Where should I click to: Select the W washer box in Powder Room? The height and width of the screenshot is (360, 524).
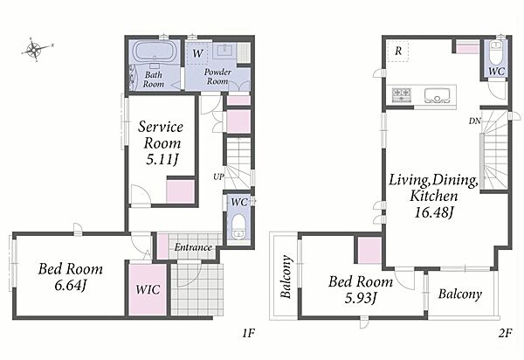tap(196, 52)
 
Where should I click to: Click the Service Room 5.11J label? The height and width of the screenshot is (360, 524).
tap(161, 143)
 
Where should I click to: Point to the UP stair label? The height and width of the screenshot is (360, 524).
tap(218, 177)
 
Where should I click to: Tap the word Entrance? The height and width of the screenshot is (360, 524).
tap(193, 247)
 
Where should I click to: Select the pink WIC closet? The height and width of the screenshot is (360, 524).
tap(148, 289)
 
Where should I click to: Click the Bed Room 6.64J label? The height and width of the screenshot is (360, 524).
tap(71, 277)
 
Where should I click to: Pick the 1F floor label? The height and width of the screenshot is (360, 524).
tap(248, 333)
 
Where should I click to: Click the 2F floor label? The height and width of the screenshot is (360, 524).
tap(505, 333)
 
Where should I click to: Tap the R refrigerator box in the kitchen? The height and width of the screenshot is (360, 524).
tap(398, 52)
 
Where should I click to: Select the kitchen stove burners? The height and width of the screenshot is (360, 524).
tap(402, 95)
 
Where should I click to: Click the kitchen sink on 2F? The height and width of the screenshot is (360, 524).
tap(438, 95)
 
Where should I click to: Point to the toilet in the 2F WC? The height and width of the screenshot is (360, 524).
tap(496, 53)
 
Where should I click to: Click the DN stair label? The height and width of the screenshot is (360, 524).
tap(474, 121)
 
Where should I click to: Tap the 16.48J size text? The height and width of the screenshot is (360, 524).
tap(434, 212)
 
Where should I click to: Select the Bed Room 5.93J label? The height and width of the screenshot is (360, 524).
tap(361, 289)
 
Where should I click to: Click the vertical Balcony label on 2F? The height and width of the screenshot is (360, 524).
tap(286, 276)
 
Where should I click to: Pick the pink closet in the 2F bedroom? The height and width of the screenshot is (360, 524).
tap(369, 251)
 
